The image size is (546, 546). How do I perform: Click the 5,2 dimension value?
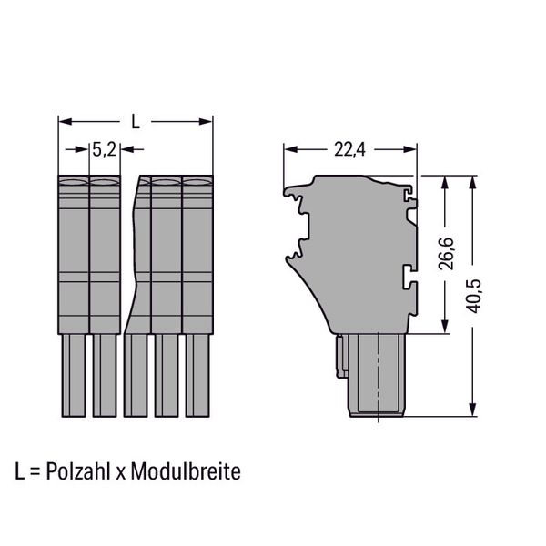click(x=104, y=150)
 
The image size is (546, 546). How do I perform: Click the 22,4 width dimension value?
click(x=350, y=150)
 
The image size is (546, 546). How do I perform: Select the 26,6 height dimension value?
click(x=446, y=254)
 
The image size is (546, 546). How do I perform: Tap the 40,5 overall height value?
click(x=474, y=296)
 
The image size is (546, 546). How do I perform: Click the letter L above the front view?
click(x=136, y=122)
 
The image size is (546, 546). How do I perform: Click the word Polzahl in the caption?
click(x=78, y=471)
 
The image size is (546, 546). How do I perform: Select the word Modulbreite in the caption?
click(x=186, y=471)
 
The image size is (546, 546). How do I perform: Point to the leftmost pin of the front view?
click(x=74, y=375)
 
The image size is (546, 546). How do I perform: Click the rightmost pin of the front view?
click(x=197, y=375)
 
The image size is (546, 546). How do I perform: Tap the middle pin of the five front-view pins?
click(x=136, y=375)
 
